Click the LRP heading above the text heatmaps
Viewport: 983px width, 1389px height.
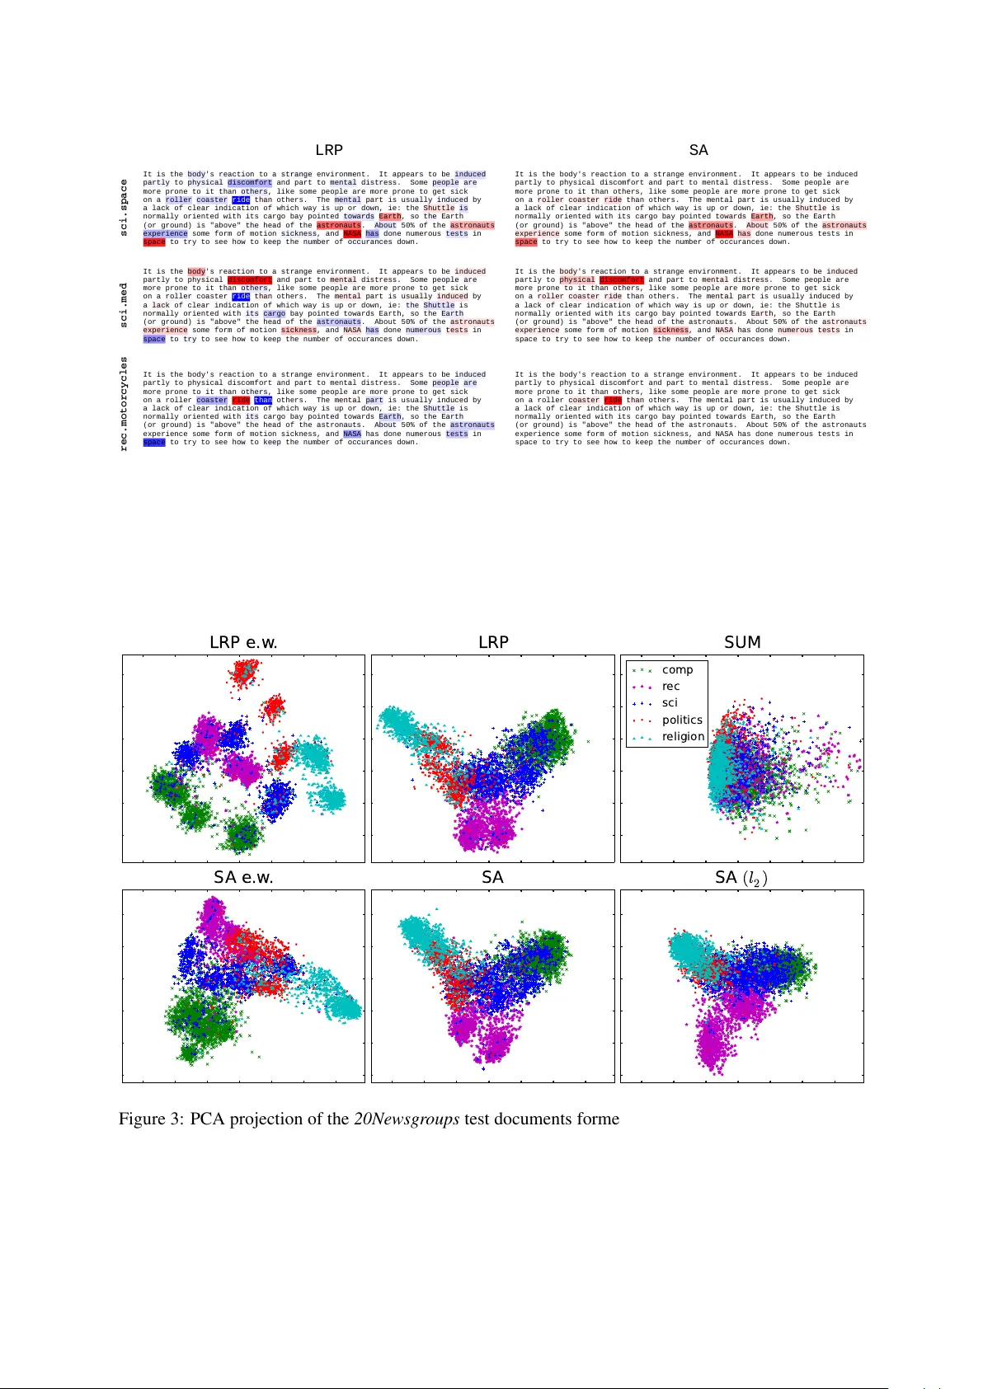(329, 150)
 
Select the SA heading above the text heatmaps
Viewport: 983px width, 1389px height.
(698, 150)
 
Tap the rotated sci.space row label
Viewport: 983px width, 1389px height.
(125, 208)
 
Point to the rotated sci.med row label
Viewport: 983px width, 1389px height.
(125, 305)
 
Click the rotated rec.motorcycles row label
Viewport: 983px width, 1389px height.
(125, 404)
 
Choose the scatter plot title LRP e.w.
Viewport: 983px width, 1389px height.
(243, 642)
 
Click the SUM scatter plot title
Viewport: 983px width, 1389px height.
(742, 642)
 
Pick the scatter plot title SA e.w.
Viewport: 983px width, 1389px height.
(243, 877)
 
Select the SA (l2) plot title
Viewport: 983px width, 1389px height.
(741, 877)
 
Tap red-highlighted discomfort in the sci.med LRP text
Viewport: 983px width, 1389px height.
(249, 279)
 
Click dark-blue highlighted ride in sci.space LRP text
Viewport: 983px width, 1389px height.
(241, 199)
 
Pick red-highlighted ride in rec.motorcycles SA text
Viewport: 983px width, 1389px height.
(613, 400)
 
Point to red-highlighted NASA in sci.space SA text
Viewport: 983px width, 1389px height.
(724, 233)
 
